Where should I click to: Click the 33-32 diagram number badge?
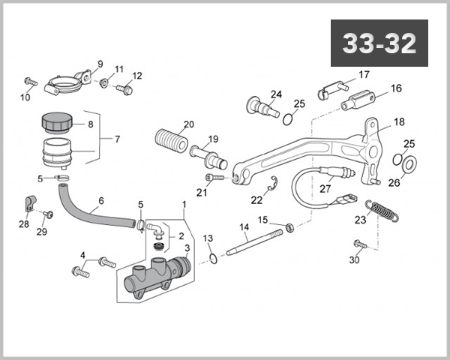coord(379,43)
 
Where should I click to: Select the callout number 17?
coord(364,74)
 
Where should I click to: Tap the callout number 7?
coord(116,139)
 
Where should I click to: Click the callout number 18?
coord(398,121)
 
